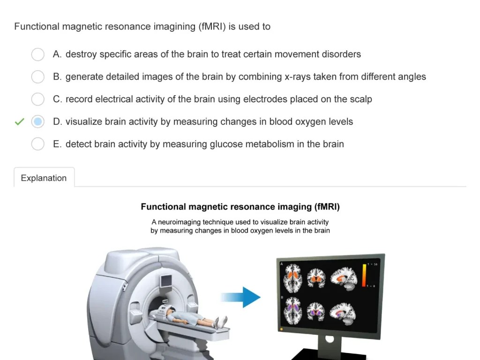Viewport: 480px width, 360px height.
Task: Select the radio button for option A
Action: [38, 54]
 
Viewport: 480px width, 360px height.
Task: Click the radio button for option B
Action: [38, 77]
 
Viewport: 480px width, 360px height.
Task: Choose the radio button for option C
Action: [38, 99]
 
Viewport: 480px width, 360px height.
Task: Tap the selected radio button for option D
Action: [38, 122]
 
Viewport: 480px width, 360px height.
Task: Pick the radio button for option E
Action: [38, 144]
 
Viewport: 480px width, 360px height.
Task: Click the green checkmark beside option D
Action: [19, 122]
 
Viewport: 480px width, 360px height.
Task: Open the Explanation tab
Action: [44, 178]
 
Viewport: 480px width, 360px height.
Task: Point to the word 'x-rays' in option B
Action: [299, 77]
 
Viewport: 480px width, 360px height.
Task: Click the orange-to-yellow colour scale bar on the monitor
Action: [364, 275]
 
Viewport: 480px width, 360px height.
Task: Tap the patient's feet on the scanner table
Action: [220, 322]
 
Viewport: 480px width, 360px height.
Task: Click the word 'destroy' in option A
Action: [81, 54]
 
